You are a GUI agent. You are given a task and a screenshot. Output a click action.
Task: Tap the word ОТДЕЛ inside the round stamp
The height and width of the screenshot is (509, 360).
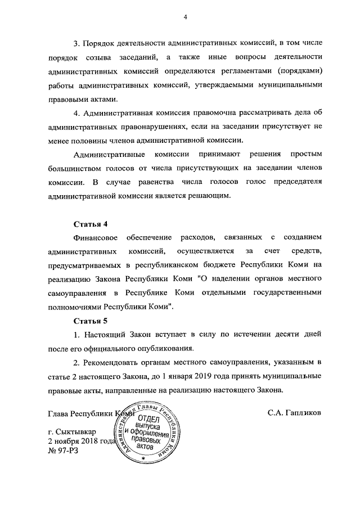click(x=149, y=419)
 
